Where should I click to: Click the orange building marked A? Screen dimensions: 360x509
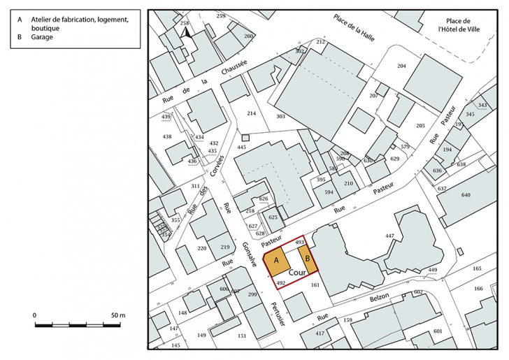276,261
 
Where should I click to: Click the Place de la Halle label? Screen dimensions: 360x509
355,27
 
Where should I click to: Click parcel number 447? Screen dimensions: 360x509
390,236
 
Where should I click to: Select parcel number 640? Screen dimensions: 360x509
466,195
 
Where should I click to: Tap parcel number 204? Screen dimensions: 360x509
401,66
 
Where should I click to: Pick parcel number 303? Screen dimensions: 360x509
281,116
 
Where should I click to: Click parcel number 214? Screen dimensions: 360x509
252,113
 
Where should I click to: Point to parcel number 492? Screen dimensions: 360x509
280,282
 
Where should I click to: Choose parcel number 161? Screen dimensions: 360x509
315,285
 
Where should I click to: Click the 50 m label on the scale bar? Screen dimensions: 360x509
117,315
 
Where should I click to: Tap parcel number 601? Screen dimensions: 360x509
438,331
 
